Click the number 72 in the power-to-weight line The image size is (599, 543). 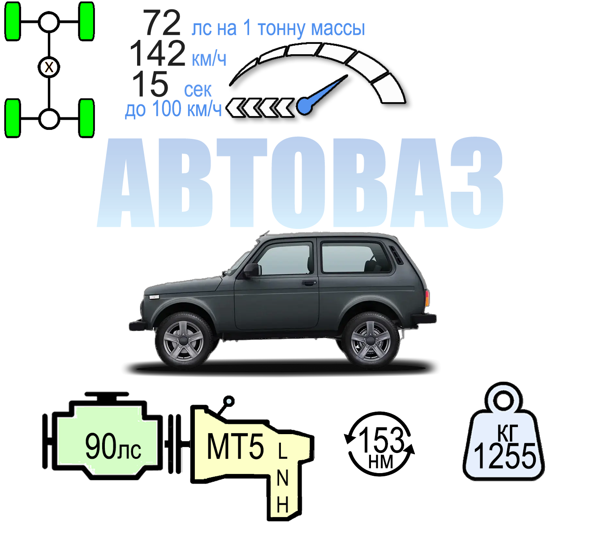coord(162,23)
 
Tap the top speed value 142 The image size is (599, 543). coord(157,54)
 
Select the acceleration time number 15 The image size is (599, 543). coord(150,84)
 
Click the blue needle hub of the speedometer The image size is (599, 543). coord(305,106)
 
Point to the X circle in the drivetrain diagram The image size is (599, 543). coord(49,67)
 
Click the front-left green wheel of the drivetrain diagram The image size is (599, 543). coord(13,21)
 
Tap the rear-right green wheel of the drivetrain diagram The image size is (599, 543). coord(86,118)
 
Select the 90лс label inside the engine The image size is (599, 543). coord(113,446)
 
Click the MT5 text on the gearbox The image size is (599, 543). coord(235,447)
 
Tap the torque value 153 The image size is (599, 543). coord(381,440)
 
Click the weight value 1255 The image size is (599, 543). coord(505,456)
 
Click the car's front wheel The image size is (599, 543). coord(183,341)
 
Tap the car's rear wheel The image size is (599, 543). coord(371,341)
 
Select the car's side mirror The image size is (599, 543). coord(251,270)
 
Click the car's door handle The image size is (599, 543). coord(309,283)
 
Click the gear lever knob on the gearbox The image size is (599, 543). coord(229,401)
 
